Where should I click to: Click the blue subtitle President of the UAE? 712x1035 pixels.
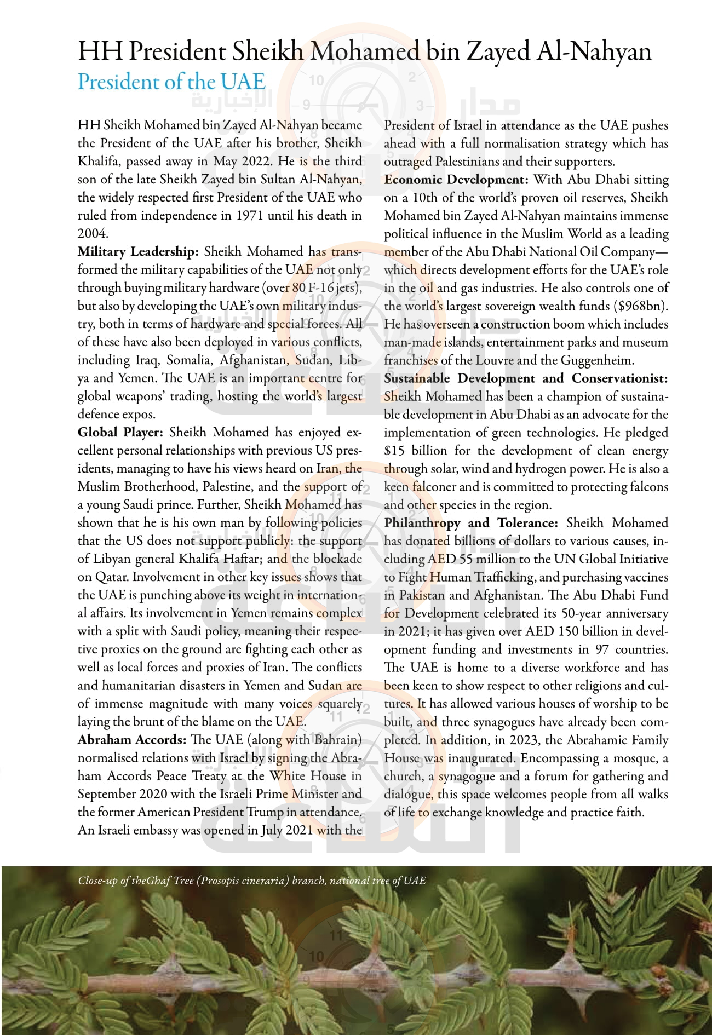171,82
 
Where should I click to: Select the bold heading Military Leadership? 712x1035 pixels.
137,251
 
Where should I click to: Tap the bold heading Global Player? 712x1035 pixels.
120,432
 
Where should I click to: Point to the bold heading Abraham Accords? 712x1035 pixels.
132,739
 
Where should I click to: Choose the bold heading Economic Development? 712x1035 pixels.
456,180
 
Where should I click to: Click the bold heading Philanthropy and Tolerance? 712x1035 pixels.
471,522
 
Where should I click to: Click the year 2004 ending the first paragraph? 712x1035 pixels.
92,233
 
